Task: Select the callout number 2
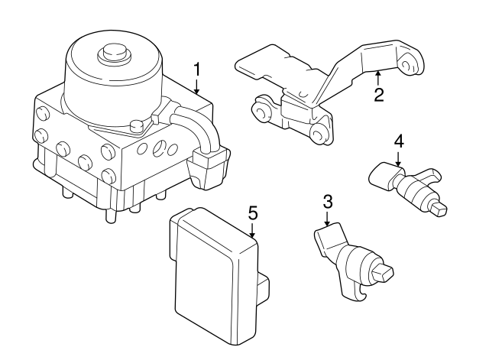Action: click(x=378, y=95)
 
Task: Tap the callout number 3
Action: click(x=327, y=203)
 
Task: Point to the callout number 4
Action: click(x=398, y=141)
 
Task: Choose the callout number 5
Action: click(x=253, y=211)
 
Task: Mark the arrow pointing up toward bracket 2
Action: click(x=378, y=77)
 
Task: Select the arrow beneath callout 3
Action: click(x=327, y=219)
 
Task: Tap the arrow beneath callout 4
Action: click(x=398, y=157)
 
